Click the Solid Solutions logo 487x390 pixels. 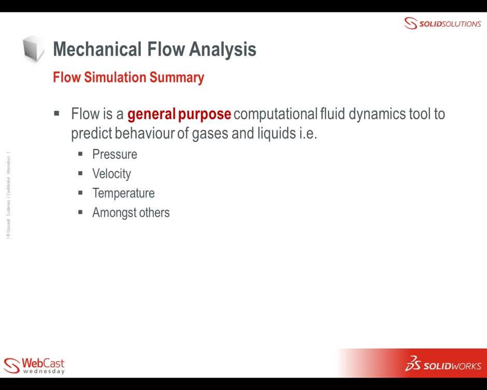[x=442, y=23]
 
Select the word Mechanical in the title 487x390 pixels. [x=97, y=49]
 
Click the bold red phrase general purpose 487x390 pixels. [x=179, y=114]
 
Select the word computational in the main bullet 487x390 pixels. [x=275, y=114]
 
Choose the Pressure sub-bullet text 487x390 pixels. [x=114, y=155]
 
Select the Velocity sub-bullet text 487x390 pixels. [x=111, y=174]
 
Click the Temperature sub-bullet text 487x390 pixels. [x=123, y=193]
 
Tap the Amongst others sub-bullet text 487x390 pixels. [x=131, y=213]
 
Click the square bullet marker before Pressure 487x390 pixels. [x=81, y=154]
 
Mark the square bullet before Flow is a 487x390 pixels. [x=57, y=113]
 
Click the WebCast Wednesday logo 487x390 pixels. [x=34, y=365]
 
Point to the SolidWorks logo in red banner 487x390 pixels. [x=442, y=364]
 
